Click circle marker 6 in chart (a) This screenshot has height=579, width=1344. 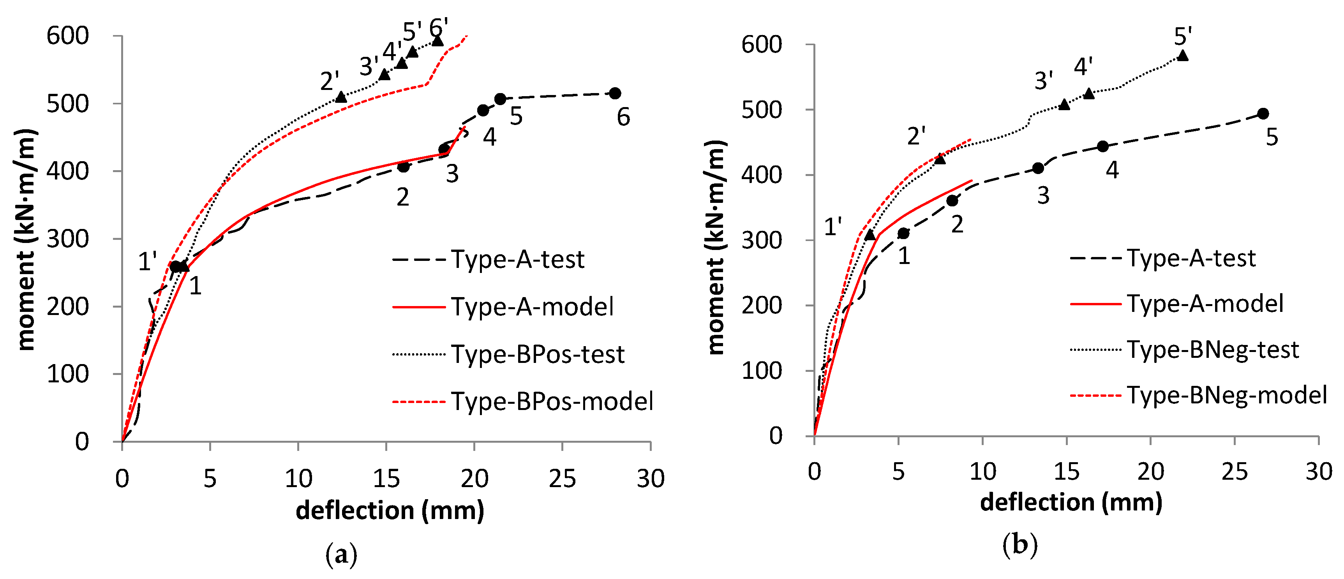615,93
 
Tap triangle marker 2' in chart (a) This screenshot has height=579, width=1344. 341,97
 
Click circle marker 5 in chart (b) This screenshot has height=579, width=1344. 1263,114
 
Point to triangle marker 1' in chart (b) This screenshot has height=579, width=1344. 870,235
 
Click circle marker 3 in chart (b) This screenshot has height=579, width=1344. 1038,168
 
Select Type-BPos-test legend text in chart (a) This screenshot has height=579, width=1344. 537,354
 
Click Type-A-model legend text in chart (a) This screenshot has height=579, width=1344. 532,307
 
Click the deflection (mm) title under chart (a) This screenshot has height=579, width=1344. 390,510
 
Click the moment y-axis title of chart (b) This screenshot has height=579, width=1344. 716,248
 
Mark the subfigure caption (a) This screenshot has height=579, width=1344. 341,554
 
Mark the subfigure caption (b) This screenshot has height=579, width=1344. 1019,545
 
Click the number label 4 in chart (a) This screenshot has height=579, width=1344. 489,137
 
